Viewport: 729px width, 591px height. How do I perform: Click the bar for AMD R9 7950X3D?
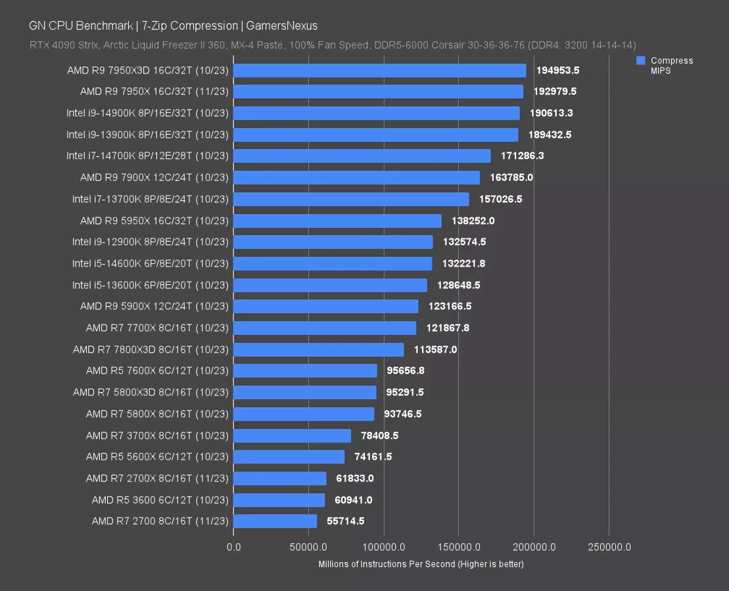pyautogui.click(x=379, y=70)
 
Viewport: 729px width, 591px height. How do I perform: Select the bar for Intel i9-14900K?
pyautogui.click(x=376, y=113)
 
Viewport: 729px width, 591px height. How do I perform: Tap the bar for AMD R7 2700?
pyautogui.click(x=275, y=521)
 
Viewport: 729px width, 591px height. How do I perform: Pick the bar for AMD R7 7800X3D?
pyautogui.click(x=318, y=349)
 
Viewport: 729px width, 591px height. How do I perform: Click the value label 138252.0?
pyautogui.click(x=473, y=221)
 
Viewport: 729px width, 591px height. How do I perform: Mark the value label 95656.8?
pyautogui.click(x=406, y=370)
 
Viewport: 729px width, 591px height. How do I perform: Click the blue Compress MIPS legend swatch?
pyautogui.click(x=641, y=60)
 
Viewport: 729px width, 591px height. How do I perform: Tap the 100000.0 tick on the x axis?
pyautogui.click(x=383, y=547)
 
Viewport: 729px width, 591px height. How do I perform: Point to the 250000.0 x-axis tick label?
pyautogui.click(x=609, y=547)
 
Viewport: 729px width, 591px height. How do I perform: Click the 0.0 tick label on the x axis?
pyautogui.click(x=233, y=547)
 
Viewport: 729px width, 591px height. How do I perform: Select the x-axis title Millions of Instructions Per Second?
pyautogui.click(x=421, y=564)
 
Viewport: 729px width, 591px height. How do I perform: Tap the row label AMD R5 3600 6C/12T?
pyautogui.click(x=160, y=500)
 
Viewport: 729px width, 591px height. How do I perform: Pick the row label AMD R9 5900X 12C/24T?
pyautogui.click(x=154, y=306)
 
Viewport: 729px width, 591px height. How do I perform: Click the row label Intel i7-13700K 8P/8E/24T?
pyautogui.click(x=151, y=199)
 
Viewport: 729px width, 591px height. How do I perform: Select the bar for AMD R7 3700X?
pyautogui.click(x=292, y=435)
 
